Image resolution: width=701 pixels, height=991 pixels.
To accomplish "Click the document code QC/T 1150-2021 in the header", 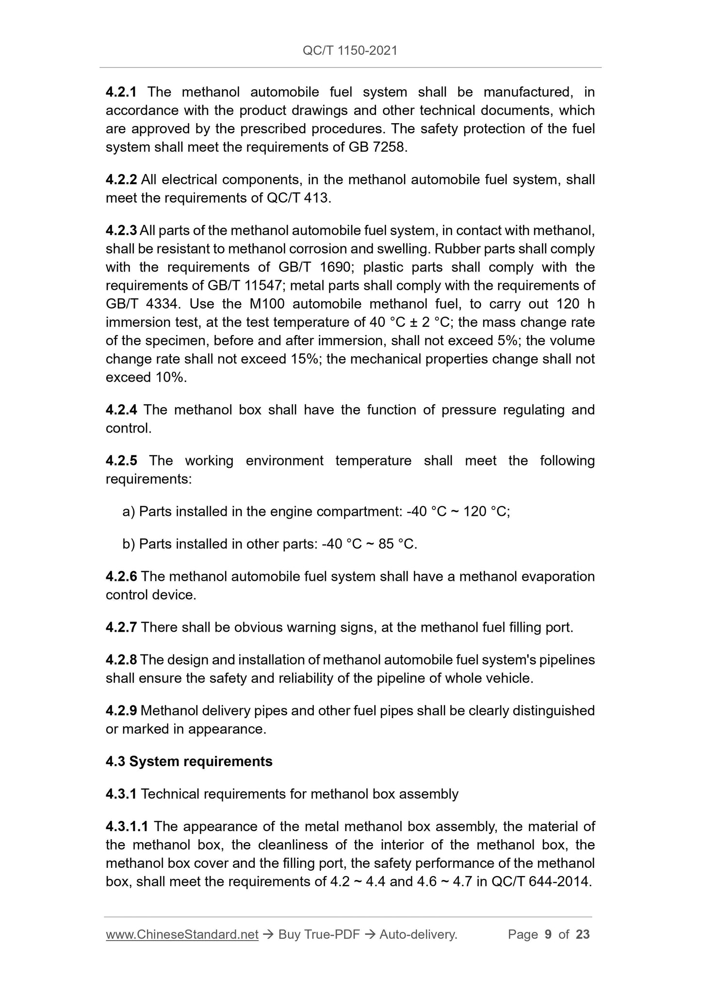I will (x=350, y=50).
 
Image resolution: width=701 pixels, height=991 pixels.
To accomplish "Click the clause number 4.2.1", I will (x=121, y=92).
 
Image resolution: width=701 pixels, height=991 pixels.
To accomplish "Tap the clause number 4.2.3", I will (x=121, y=230).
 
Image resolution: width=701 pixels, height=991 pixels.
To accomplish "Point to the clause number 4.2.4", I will (x=121, y=410).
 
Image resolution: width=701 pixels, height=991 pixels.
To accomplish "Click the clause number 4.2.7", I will (x=121, y=627).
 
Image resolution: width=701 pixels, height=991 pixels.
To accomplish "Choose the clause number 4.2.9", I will (x=121, y=711).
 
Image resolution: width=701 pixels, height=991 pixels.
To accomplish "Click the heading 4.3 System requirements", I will (x=189, y=762).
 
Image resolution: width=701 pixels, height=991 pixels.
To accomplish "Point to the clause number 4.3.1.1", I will (x=127, y=826).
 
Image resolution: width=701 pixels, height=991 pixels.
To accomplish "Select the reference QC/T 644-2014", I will (x=541, y=881).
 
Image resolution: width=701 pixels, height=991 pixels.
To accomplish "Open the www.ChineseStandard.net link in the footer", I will (x=182, y=934).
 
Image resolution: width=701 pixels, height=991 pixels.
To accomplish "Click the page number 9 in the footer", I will (x=548, y=934).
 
